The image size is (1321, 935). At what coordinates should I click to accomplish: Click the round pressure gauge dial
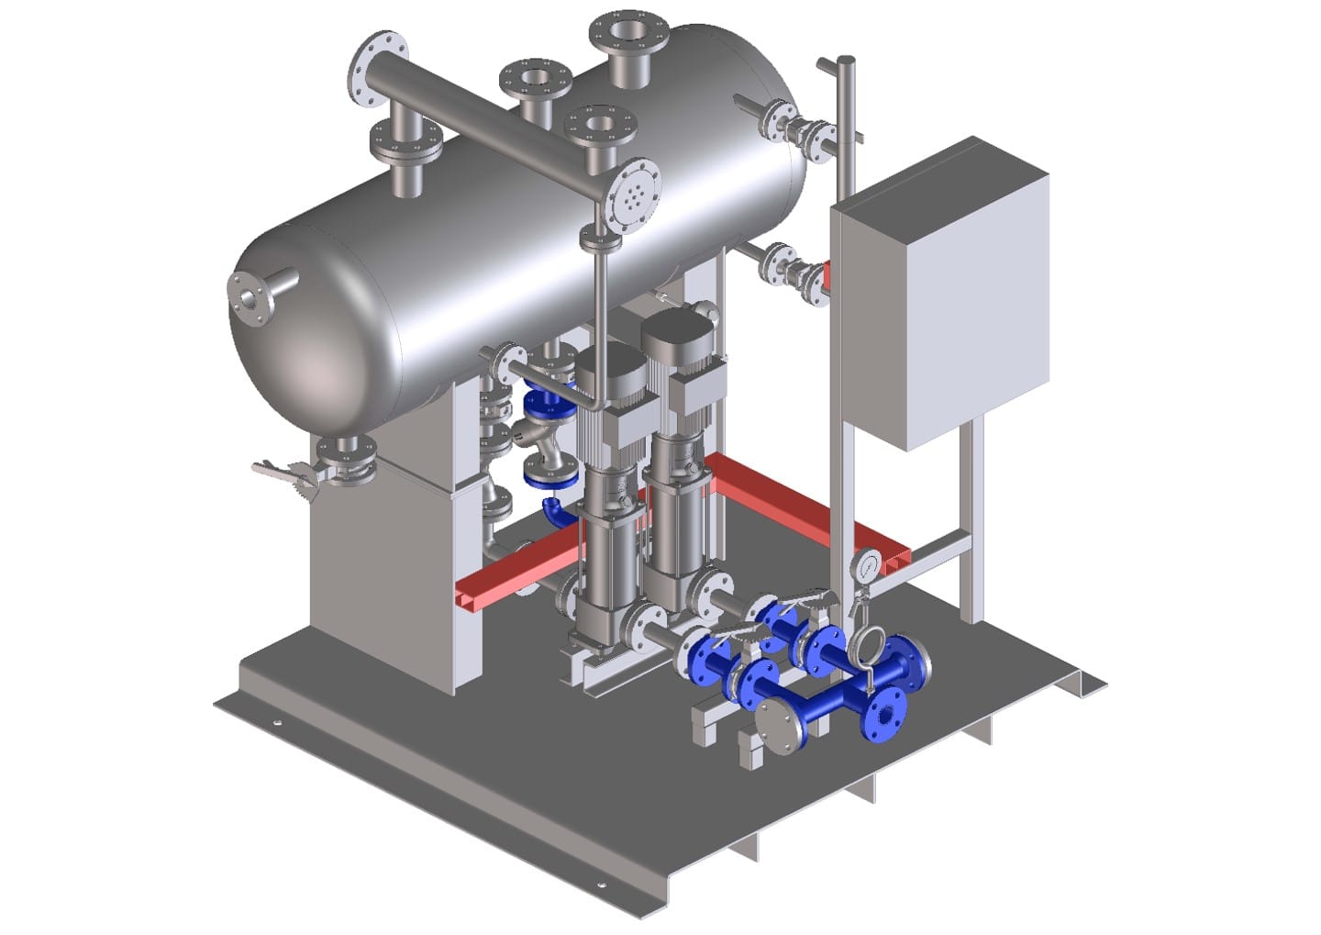point(865,566)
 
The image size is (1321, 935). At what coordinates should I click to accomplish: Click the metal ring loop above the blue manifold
point(867,646)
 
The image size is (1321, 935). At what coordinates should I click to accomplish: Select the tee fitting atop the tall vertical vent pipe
point(840,65)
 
